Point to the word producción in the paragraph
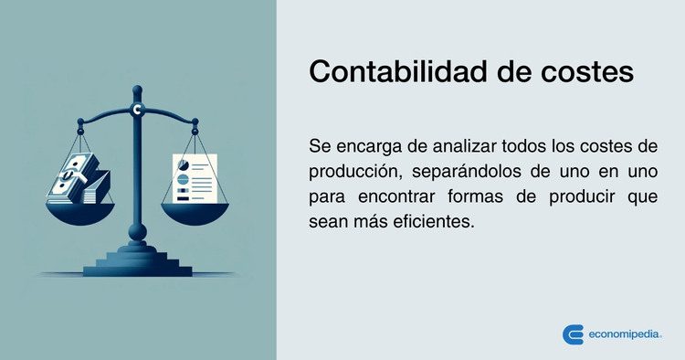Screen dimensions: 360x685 pos(353,172)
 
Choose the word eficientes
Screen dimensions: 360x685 pos(433,223)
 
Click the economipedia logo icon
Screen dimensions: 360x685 pos(574,334)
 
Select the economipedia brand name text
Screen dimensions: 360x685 pos(627,334)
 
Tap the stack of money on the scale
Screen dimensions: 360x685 pos(79,179)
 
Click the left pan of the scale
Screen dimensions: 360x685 pos(79,212)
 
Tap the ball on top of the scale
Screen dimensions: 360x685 pos(137,90)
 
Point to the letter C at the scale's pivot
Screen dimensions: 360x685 pos(137,111)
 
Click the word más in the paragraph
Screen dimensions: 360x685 pos(374,223)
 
